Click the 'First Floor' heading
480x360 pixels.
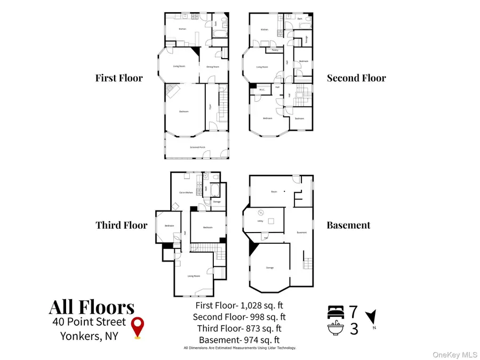[119, 78]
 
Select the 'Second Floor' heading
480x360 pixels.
[356, 78]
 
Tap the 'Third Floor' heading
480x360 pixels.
[121, 225]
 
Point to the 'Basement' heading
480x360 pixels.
[348, 225]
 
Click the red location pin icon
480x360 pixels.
[139, 327]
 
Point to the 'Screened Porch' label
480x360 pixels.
[198, 147]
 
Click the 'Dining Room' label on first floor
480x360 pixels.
[213, 67]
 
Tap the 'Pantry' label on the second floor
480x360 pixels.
[275, 51]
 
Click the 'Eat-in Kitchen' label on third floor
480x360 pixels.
[186, 193]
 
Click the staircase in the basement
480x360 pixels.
[306, 263]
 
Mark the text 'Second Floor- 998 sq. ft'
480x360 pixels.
[237, 317]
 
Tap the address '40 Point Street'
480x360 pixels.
[89, 322]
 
